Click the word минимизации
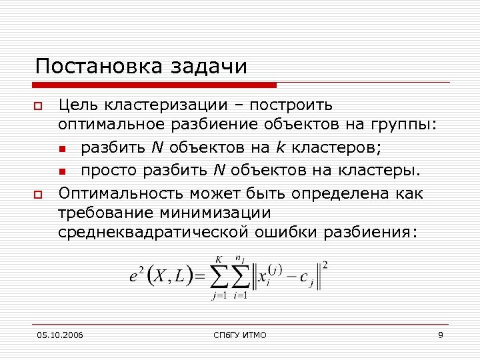coord(215,213)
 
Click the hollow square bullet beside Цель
coord(39,106)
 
